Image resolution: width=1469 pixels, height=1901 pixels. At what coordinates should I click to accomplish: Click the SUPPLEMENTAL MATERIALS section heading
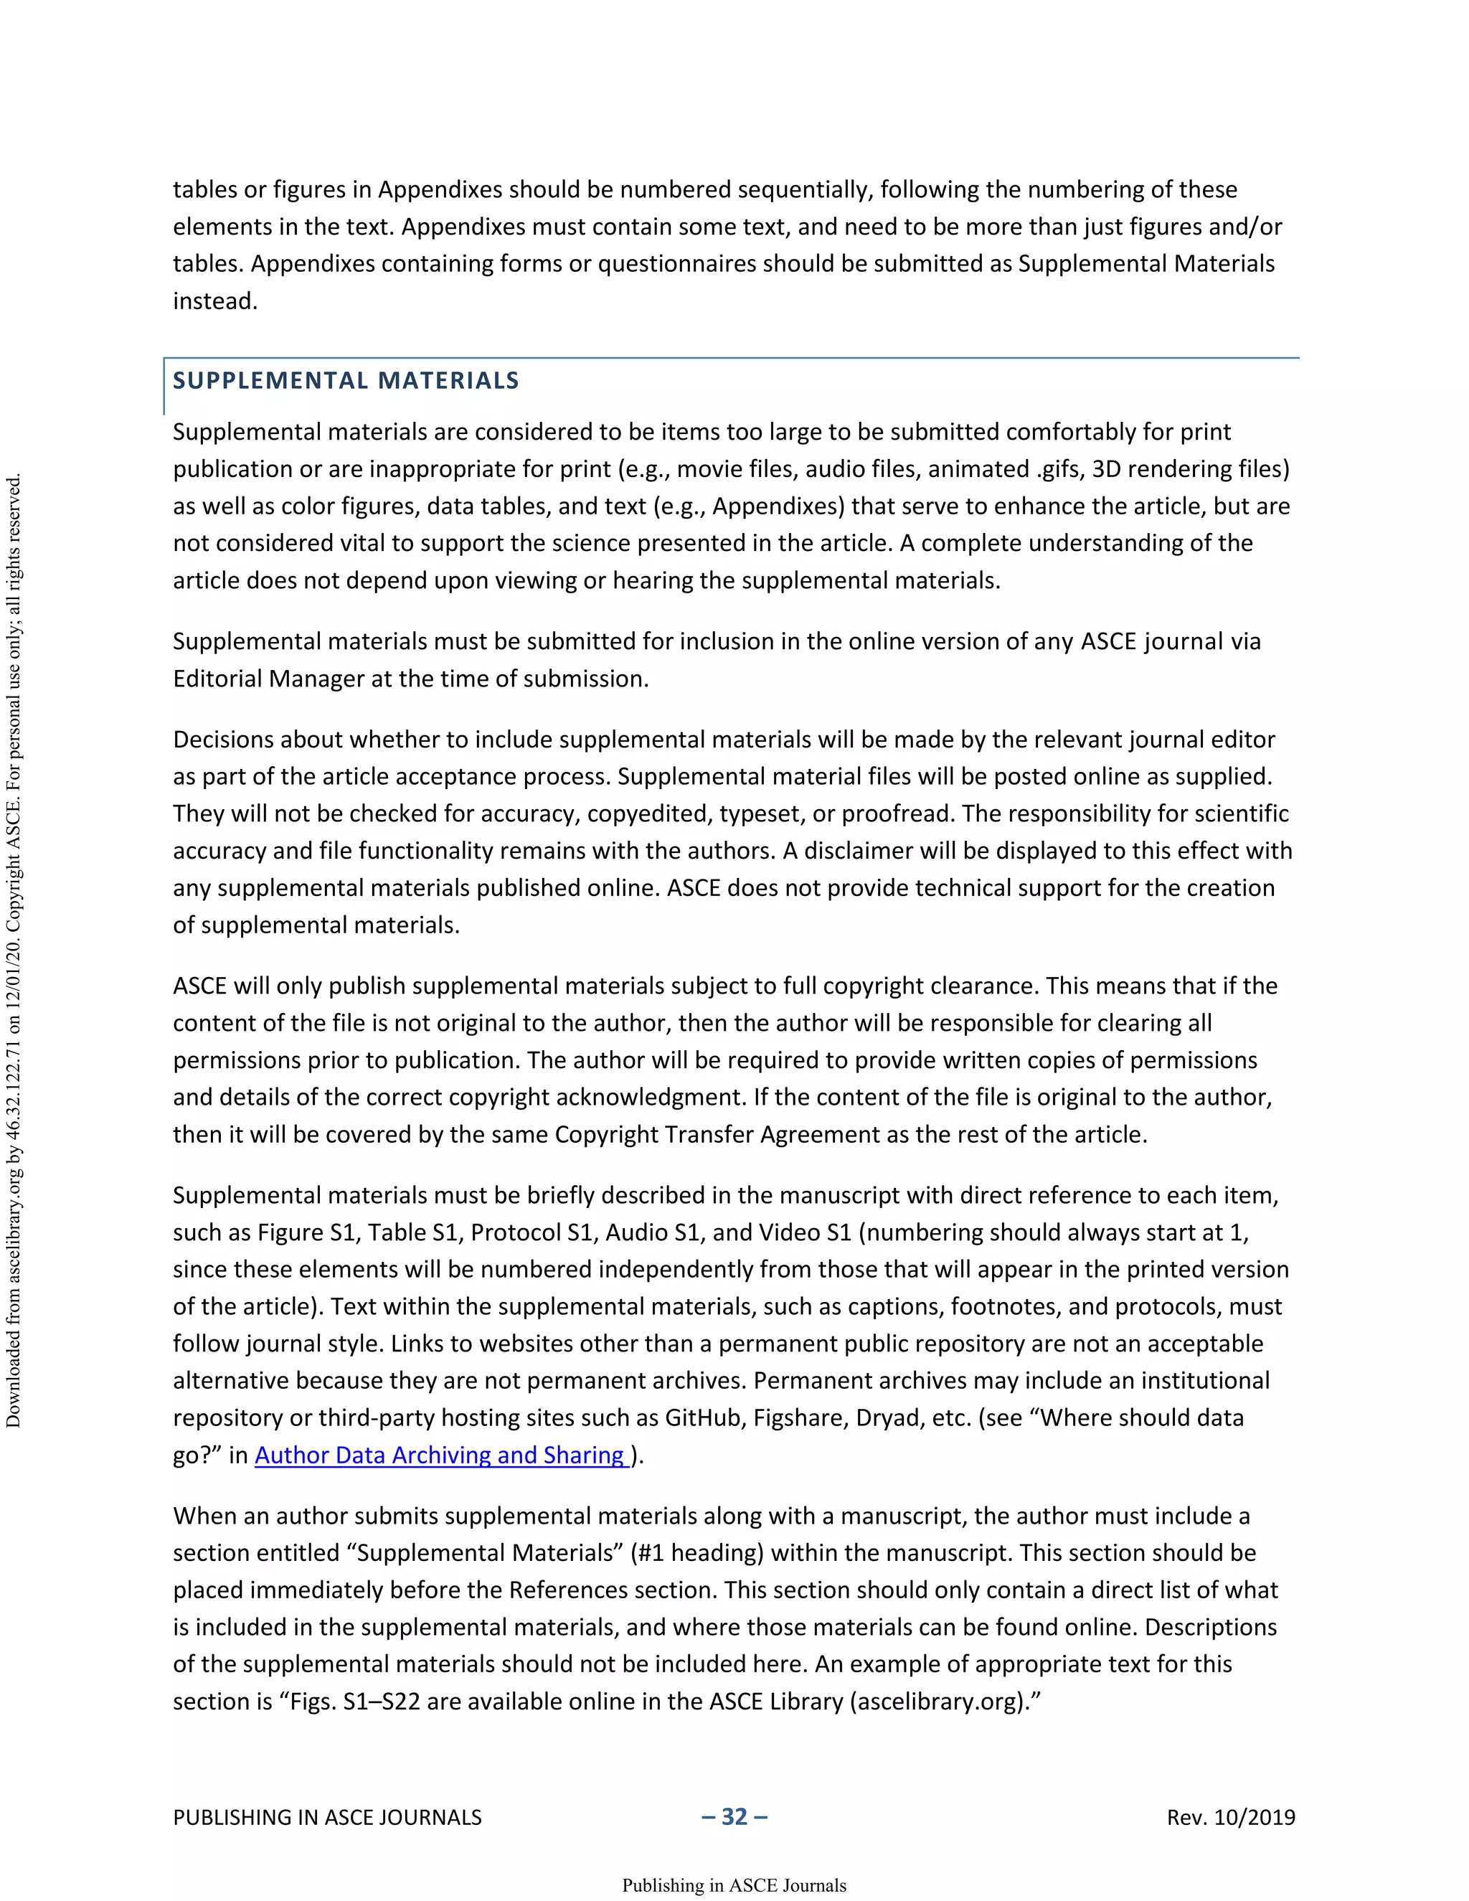coord(346,380)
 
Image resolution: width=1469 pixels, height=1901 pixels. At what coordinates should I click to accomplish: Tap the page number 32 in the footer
coord(734,1816)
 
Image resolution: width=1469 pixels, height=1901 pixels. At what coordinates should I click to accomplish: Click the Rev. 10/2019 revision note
coord(1231,1818)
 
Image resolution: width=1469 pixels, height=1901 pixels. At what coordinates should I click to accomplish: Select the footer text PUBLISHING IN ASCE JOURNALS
coord(327,1818)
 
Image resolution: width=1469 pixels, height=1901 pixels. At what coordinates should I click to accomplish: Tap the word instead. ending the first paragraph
coord(215,301)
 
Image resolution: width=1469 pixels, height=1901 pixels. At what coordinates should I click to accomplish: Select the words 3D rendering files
coord(1189,469)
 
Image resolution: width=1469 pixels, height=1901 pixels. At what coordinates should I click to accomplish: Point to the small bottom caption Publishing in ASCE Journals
coord(734,1885)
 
